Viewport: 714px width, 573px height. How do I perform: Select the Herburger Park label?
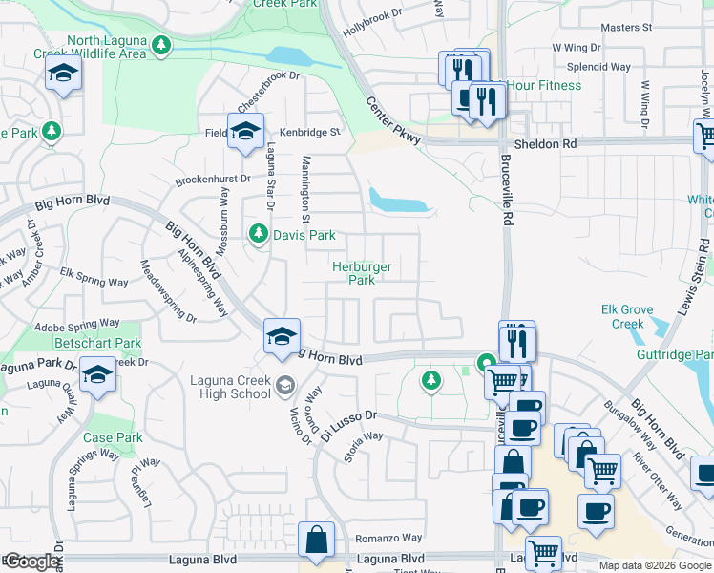(x=361, y=273)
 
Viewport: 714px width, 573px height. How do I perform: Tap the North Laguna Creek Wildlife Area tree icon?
(x=161, y=44)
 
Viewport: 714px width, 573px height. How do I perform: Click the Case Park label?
(x=113, y=438)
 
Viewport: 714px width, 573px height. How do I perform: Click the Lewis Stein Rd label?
(x=699, y=267)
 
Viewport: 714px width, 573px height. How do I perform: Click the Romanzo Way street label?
(x=388, y=539)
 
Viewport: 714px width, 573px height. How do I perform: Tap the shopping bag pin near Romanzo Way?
(x=316, y=541)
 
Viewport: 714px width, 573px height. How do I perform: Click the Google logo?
(x=31, y=562)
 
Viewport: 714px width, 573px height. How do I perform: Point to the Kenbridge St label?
(x=309, y=132)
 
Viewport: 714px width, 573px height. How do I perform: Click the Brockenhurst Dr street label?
(x=212, y=179)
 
